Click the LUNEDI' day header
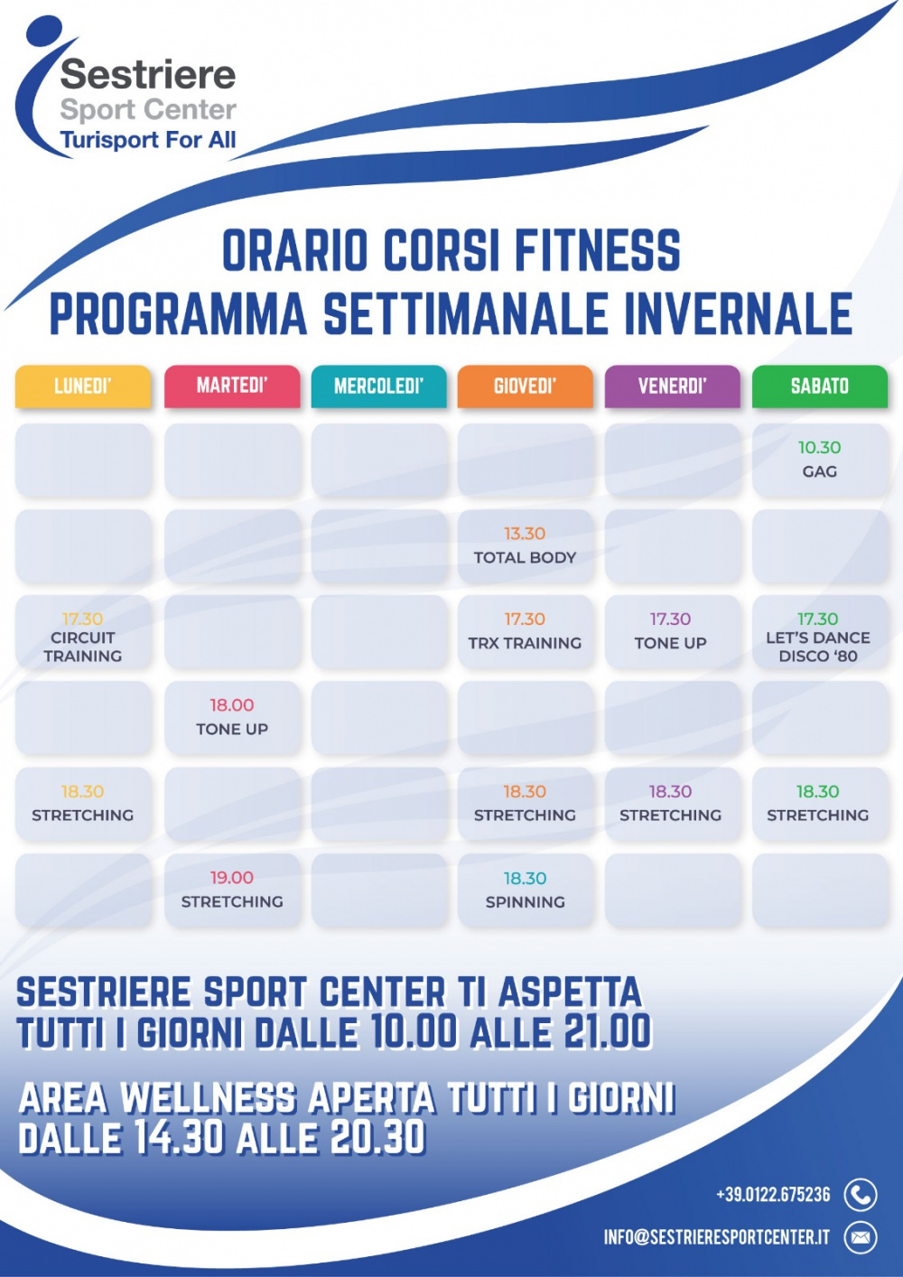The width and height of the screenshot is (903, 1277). point(83,387)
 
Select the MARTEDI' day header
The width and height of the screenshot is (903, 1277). point(232,387)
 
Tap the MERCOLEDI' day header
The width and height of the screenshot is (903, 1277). point(378,387)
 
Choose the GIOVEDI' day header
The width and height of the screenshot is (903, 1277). point(525,387)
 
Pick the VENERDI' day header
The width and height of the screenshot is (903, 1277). point(672,387)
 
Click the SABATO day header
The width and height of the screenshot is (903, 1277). point(820,387)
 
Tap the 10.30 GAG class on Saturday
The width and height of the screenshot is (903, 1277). point(820,460)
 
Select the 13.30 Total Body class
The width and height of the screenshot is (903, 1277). point(525,546)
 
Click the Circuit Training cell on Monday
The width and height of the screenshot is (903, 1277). point(83,632)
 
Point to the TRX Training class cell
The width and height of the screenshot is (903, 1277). point(525,632)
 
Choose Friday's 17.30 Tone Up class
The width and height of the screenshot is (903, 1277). point(672,632)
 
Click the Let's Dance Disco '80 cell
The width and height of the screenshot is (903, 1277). point(820,632)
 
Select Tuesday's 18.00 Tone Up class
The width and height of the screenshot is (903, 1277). point(232,718)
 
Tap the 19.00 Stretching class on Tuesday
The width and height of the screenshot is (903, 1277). point(232,890)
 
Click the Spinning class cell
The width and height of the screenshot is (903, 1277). point(525,890)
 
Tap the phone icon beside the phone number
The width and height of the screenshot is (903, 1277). point(861,1194)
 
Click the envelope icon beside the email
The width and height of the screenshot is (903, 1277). point(861,1237)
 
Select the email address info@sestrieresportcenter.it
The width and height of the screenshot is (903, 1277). point(717,1237)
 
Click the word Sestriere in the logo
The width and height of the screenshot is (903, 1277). point(148,75)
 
